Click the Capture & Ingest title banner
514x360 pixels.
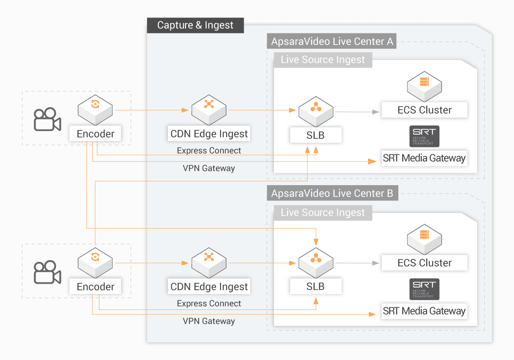click(195, 25)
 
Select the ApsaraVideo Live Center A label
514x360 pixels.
click(332, 42)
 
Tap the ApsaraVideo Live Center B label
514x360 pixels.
click(332, 193)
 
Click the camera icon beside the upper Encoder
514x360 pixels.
click(47, 119)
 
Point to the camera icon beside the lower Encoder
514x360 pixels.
click(47, 272)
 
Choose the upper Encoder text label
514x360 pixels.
click(96, 134)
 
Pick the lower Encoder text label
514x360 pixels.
click(96, 287)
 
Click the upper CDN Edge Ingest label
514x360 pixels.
click(209, 134)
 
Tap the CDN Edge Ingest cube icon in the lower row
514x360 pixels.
click(209, 260)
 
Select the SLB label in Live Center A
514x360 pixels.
click(316, 135)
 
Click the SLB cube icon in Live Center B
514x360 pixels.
click(316, 260)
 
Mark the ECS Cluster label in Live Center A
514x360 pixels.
click(424, 110)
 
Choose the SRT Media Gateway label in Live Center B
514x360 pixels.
click(424, 311)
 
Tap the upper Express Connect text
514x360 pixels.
click(209, 151)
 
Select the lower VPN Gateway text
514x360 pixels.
click(209, 321)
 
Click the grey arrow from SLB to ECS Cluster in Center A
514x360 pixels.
click(358, 112)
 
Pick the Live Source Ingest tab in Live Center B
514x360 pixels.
click(323, 213)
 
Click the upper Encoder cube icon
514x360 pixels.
click(95, 107)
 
